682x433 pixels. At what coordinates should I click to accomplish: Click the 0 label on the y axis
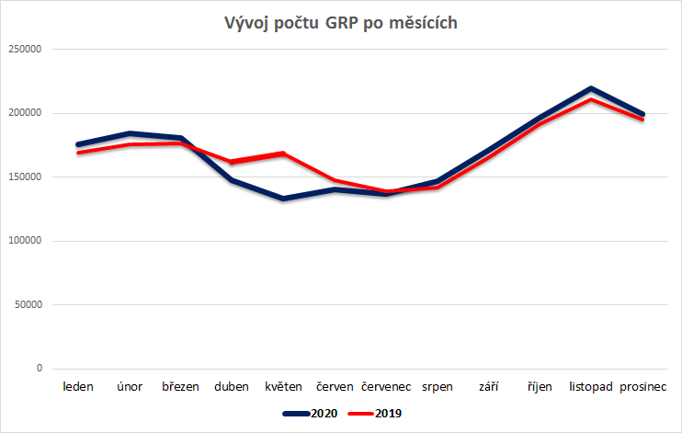click(x=40, y=369)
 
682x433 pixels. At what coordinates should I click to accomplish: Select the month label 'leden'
click(x=78, y=387)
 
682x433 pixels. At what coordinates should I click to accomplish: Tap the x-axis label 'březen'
click(x=180, y=387)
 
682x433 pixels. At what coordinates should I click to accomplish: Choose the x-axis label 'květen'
click(x=283, y=387)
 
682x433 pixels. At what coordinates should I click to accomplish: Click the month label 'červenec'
click(x=385, y=387)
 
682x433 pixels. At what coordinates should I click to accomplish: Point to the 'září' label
click(x=488, y=387)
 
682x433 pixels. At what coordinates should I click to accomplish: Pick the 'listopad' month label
click(x=591, y=387)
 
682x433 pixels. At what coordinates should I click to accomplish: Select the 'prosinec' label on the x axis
click(x=642, y=387)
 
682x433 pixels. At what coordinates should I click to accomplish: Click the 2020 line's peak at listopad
click(x=591, y=89)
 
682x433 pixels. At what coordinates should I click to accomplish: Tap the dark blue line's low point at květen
click(x=283, y=199)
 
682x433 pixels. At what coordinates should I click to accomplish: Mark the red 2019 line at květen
click(x=283, y=154)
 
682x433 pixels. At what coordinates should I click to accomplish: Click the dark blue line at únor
click(x=130, y=133)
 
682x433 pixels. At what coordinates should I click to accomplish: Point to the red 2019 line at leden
click(x=78, y=153)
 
